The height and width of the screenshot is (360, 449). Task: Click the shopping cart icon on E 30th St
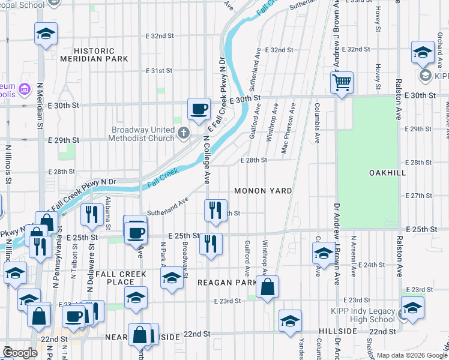(x=342, y=82)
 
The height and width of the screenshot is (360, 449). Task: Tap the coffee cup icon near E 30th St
(x=199, y=109)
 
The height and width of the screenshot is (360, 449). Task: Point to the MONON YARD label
(x=263, y=191)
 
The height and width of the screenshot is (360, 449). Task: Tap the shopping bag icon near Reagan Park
(x=268, y=287)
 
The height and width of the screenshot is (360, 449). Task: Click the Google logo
(x=20, y=353)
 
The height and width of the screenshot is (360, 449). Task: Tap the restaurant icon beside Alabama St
(x=91, y=215)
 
